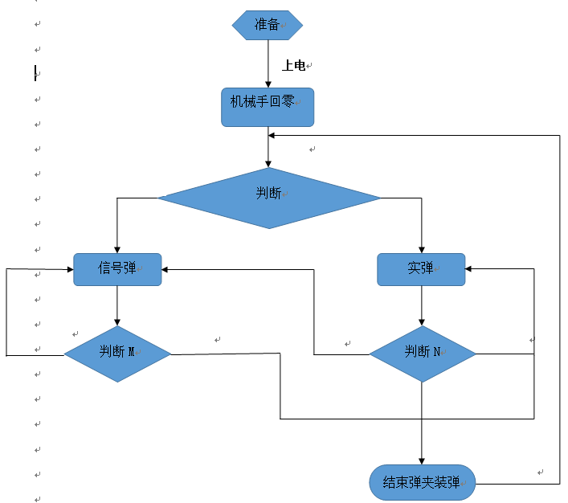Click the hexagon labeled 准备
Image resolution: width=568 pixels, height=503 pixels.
pos(268,25)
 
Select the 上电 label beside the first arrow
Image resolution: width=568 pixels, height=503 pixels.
pos(293,65)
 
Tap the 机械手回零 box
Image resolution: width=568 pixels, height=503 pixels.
pos(268,107)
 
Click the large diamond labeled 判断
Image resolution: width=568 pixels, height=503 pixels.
pos(269,198)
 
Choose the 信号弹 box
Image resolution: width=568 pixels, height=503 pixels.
pos(117,269)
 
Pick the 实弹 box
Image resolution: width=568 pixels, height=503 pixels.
pos(421,269)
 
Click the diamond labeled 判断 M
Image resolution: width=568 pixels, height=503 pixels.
pos(117,354)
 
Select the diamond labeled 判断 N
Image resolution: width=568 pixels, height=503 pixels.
pos(422,354)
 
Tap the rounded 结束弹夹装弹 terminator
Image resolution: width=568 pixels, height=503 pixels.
pos(422,483)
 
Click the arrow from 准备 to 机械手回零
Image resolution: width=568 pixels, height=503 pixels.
pos(268,63)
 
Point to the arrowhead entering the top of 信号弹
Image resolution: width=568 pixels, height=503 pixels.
pos(117,248)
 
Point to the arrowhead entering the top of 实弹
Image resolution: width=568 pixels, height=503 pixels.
pos(421,248)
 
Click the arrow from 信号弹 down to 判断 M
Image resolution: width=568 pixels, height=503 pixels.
pos(117,305)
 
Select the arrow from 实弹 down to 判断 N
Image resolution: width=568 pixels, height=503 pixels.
pos(422,305)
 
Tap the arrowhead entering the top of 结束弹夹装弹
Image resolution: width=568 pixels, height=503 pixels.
pos(422,460)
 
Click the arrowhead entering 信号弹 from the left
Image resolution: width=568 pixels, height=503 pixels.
pos(69,270)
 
